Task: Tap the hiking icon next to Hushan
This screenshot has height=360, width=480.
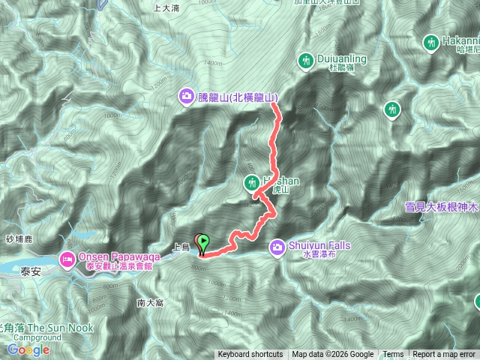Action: (251, 182)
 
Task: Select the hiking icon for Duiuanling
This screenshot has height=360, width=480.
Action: (306, 59)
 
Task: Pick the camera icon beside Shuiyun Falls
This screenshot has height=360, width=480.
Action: (277, 245)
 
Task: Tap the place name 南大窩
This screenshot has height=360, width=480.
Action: (150, 303)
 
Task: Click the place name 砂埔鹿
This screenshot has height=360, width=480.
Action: (15, 238)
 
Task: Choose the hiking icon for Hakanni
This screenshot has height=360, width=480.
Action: (431, 43)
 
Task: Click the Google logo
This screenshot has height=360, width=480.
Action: (28, 349)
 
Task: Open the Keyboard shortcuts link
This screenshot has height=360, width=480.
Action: (250, 355)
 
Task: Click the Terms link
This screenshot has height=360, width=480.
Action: (393, 355)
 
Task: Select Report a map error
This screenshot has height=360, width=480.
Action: (444, 355)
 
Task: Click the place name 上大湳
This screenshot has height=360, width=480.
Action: (166, 9)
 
